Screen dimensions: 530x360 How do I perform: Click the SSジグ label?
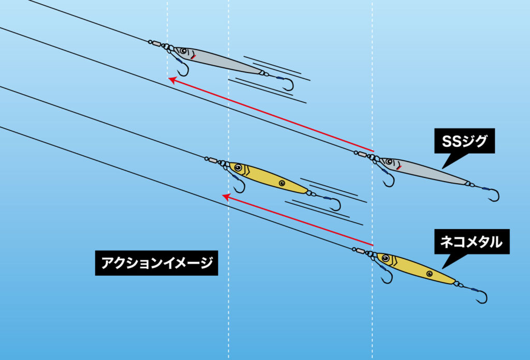click(x=464, y=141)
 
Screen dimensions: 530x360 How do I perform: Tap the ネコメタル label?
click(x=472, y=242)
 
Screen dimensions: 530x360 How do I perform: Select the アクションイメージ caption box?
click(x=156, y=263)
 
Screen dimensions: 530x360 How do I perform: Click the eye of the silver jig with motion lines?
click(x=184, y=51)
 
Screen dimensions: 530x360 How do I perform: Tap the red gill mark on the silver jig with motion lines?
click(x=193, y=57)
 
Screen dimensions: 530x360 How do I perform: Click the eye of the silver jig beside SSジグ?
click(x=389, y=162)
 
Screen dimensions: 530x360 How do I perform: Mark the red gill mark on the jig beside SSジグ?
click(x=399, y=168)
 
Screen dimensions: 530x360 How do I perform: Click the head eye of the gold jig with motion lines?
click(x=238, y=168)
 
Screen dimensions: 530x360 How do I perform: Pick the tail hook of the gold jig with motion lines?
click(x=335, y=204)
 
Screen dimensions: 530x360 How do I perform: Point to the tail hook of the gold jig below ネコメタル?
click(x=482, y=296)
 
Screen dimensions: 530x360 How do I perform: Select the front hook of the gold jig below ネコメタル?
click(x=387, y=277)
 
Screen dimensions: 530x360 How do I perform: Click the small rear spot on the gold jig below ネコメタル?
click(x=430, y=274)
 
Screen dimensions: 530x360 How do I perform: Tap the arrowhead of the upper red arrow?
click(x=172, y=80)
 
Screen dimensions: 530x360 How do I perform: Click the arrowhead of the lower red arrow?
click(x=226, y=197)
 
